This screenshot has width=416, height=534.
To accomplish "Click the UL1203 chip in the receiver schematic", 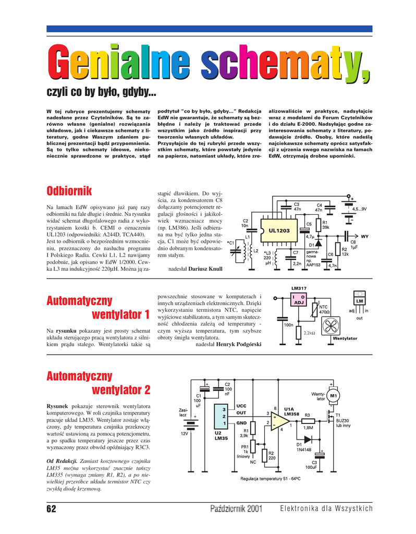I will [279, 230].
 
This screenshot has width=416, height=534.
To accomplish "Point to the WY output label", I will [364, 236].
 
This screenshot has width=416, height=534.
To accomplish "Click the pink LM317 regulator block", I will [299, 300].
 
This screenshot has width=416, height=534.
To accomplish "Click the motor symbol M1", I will [333, 395].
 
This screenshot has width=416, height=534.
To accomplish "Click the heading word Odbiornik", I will [69, 191].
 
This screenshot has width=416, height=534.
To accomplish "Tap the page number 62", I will [51, 508].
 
